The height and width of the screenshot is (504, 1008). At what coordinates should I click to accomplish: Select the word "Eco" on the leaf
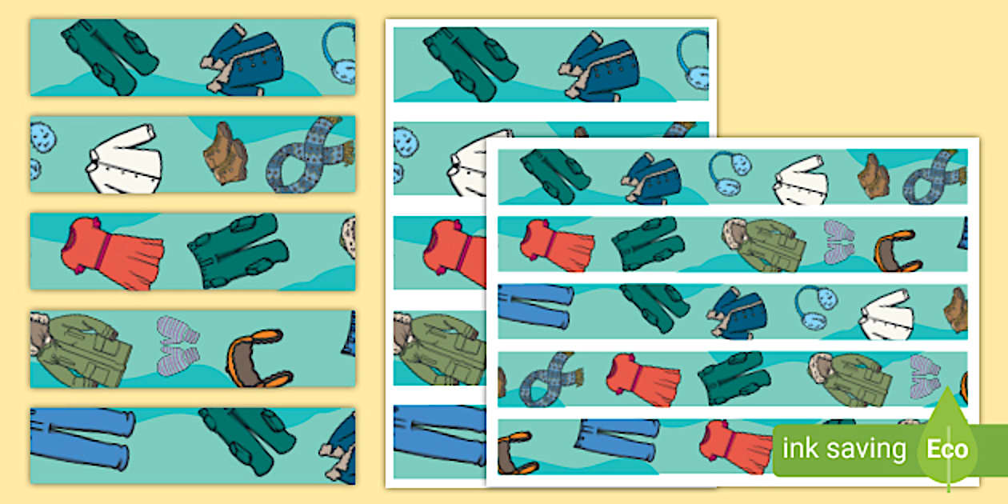(x=947, y=450)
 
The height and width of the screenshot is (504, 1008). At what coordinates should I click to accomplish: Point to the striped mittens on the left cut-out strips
(x=178, y=346)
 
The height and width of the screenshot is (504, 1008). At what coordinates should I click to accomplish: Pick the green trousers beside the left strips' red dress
(x=238, y=250)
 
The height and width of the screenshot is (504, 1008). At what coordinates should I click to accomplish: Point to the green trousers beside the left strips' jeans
(x=248, y=438)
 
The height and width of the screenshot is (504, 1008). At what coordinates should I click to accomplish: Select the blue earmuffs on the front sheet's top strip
(x=730, y=174)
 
